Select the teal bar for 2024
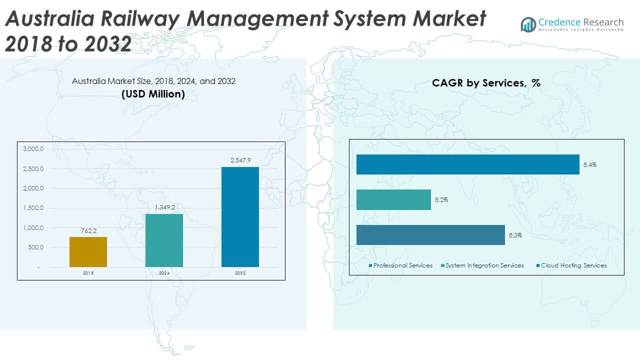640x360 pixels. (x=164, y=240)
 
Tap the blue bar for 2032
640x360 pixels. (x=240, y=216)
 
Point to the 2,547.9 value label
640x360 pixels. (x=240, y=160)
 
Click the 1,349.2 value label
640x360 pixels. (x=164, y=207)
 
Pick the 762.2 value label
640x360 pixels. (x=88, y=231)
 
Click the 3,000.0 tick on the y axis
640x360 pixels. (x=33, y=149)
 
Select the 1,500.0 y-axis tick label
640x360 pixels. (x=33, y=208)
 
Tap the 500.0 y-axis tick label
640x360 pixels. (x=34, y=247)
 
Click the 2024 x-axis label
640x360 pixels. (x=164, y=273)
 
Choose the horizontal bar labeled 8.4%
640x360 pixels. (x=467, y=164)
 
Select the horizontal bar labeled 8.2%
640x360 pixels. (x=393, y=199)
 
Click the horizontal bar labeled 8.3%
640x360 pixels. (x=430, y=235)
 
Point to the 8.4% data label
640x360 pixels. (x=589, y=164)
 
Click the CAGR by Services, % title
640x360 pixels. (x=486, y=83)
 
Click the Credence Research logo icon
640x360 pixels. (x=528, y=24)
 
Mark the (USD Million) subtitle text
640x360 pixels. (x=153, y=93)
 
